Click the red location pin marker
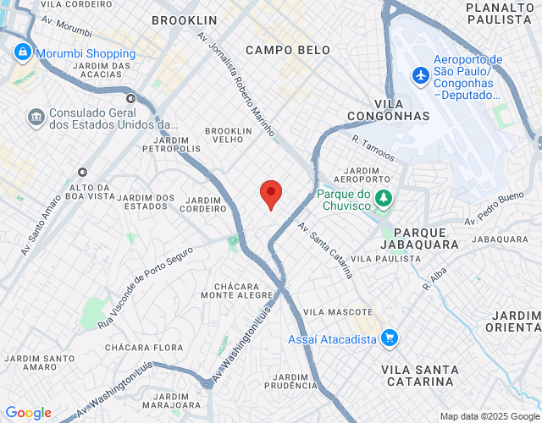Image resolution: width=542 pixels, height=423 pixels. click(270, 194)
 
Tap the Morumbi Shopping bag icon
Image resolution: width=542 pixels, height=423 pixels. click(21, 53)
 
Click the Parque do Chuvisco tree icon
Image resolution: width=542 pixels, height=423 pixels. click(384, 199)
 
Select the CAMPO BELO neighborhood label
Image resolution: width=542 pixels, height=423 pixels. click(288, 51)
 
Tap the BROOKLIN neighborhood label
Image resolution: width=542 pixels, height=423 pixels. click(185, 20)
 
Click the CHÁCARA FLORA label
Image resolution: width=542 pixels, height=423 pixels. click(144, 348)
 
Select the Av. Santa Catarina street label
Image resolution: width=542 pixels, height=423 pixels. click(325, 250)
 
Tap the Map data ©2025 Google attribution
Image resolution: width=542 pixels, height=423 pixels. click(489, 415)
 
